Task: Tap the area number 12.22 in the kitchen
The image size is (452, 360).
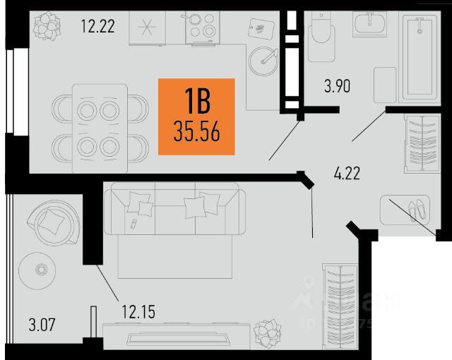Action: point(97,28)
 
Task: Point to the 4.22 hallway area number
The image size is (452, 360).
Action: point(346,174)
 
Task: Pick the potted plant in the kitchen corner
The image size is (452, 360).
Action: point(47,27)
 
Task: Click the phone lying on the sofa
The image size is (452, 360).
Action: point(134,224)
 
